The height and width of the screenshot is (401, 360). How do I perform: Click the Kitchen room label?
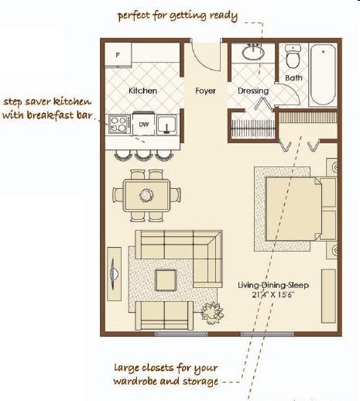[142, 91]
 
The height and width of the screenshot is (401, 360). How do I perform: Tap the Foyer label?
[205, 91]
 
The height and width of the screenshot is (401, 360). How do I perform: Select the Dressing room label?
[253, 91]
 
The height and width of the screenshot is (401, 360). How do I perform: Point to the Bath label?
[293, 77]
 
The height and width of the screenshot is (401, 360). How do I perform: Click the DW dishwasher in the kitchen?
[144, 124]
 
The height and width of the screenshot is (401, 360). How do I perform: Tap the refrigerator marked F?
[118, 54]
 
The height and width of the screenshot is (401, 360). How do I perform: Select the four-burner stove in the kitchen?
[119, 124]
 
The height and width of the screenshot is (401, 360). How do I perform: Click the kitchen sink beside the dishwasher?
[167, 125]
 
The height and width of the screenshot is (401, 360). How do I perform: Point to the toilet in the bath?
[293, 57]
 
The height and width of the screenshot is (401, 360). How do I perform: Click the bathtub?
[323, 75]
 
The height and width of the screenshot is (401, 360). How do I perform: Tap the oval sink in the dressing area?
[253, 52]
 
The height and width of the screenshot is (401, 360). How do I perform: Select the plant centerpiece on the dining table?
[146, 195]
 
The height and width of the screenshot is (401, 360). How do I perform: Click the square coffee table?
[166, 280]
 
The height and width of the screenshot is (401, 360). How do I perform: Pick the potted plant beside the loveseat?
[212, 313]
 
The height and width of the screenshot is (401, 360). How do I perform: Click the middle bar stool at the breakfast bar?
[143, 156]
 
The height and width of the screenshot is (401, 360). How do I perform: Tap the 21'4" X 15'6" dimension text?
[273, 294]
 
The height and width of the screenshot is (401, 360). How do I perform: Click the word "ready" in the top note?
[224, 16]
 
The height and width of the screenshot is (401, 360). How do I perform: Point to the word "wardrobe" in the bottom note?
[135, 381]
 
